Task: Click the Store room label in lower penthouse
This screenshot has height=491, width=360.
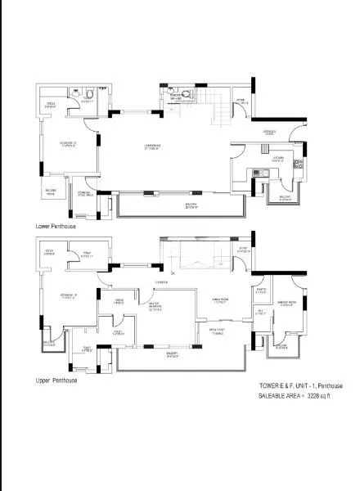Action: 241,102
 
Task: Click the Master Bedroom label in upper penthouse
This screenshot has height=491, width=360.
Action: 159,308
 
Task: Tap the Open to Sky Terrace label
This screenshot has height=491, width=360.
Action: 217,331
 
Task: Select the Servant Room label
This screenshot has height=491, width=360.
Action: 287,303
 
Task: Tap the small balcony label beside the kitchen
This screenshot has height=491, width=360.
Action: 285,198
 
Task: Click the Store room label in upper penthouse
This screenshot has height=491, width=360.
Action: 242,250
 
